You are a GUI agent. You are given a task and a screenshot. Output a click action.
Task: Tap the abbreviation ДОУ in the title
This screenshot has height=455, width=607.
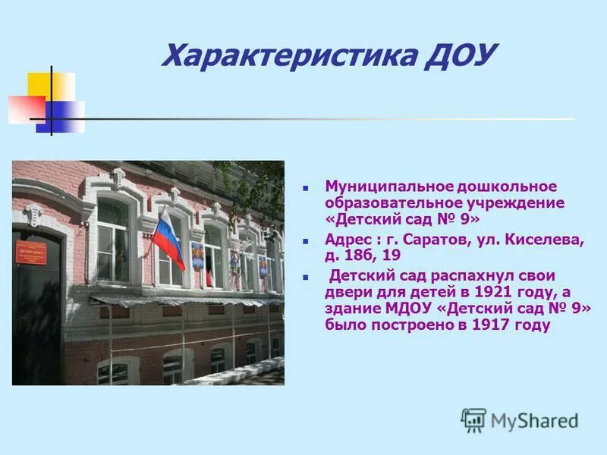[462, 55]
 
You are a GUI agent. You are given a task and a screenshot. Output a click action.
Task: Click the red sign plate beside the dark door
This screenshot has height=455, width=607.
[31, 253]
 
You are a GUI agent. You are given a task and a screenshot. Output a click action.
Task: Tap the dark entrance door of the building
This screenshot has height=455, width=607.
[36, 311]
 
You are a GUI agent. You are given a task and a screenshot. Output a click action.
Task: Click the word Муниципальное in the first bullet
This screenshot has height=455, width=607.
[388, 187]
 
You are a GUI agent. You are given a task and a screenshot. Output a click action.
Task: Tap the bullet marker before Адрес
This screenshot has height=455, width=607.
[306, 240]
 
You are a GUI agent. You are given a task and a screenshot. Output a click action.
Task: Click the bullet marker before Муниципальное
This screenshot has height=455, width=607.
[306, 187]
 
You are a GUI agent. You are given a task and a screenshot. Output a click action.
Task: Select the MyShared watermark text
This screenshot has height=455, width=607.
[534, 420]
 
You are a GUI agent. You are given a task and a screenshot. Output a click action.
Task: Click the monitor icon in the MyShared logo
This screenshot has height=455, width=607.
[473, 419]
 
